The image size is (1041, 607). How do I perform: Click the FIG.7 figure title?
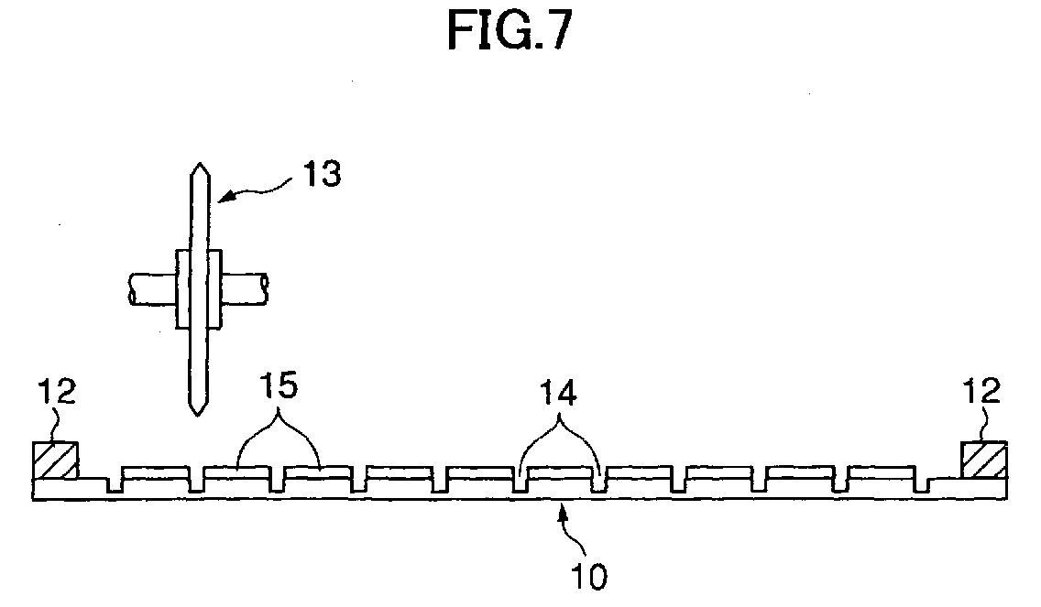click(510, 30)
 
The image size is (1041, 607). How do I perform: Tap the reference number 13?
click(322, 174)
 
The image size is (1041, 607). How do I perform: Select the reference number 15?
click(279, 385)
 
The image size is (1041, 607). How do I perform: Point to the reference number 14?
click(558, 393)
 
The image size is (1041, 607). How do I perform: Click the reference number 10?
click(589, 577)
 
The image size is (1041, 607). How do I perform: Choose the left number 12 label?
click(57, 391)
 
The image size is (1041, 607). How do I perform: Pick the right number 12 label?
click(981, 391)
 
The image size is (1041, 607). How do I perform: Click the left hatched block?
click(56, 460)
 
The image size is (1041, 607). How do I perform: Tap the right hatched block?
click(984, 460)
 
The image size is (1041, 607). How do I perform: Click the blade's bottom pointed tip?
click(196, 416)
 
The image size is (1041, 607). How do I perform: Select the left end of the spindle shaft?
click(131, 290)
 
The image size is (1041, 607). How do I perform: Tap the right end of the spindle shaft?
click(266, 290)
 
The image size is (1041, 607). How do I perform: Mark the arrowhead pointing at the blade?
click(225, 196)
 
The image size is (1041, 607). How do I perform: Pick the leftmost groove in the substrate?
click(115, 484)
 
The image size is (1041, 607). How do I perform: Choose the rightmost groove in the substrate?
click(922, 484)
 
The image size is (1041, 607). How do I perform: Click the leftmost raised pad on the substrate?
click(156, 472)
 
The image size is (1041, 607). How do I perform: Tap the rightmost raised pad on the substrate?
click(881, 472)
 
